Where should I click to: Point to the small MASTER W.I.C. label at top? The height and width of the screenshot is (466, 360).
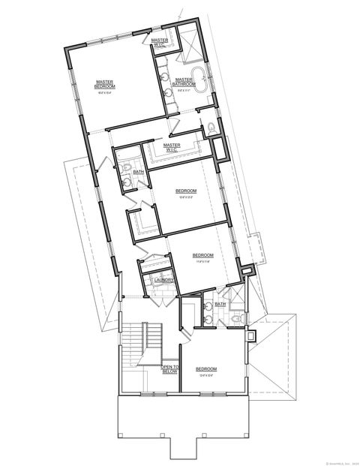click(x=158, y=42)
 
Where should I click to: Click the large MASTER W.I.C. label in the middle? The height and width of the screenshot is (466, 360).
click(x=172, y=147)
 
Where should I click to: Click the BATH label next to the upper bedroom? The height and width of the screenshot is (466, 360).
click(x=138, y=172)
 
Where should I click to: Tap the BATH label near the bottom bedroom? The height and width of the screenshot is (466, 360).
click(x=220, y=304)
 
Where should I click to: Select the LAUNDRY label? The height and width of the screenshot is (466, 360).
click(x=164, y=281)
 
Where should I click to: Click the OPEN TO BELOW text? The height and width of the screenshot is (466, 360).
click(x=171, y=368)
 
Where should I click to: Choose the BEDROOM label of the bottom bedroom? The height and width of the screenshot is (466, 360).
click(x=206, y=368)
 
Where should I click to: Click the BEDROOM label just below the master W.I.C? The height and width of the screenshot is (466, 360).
click(x=186, y=191)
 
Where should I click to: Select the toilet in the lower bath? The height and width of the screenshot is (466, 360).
click(x=236, y=320)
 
